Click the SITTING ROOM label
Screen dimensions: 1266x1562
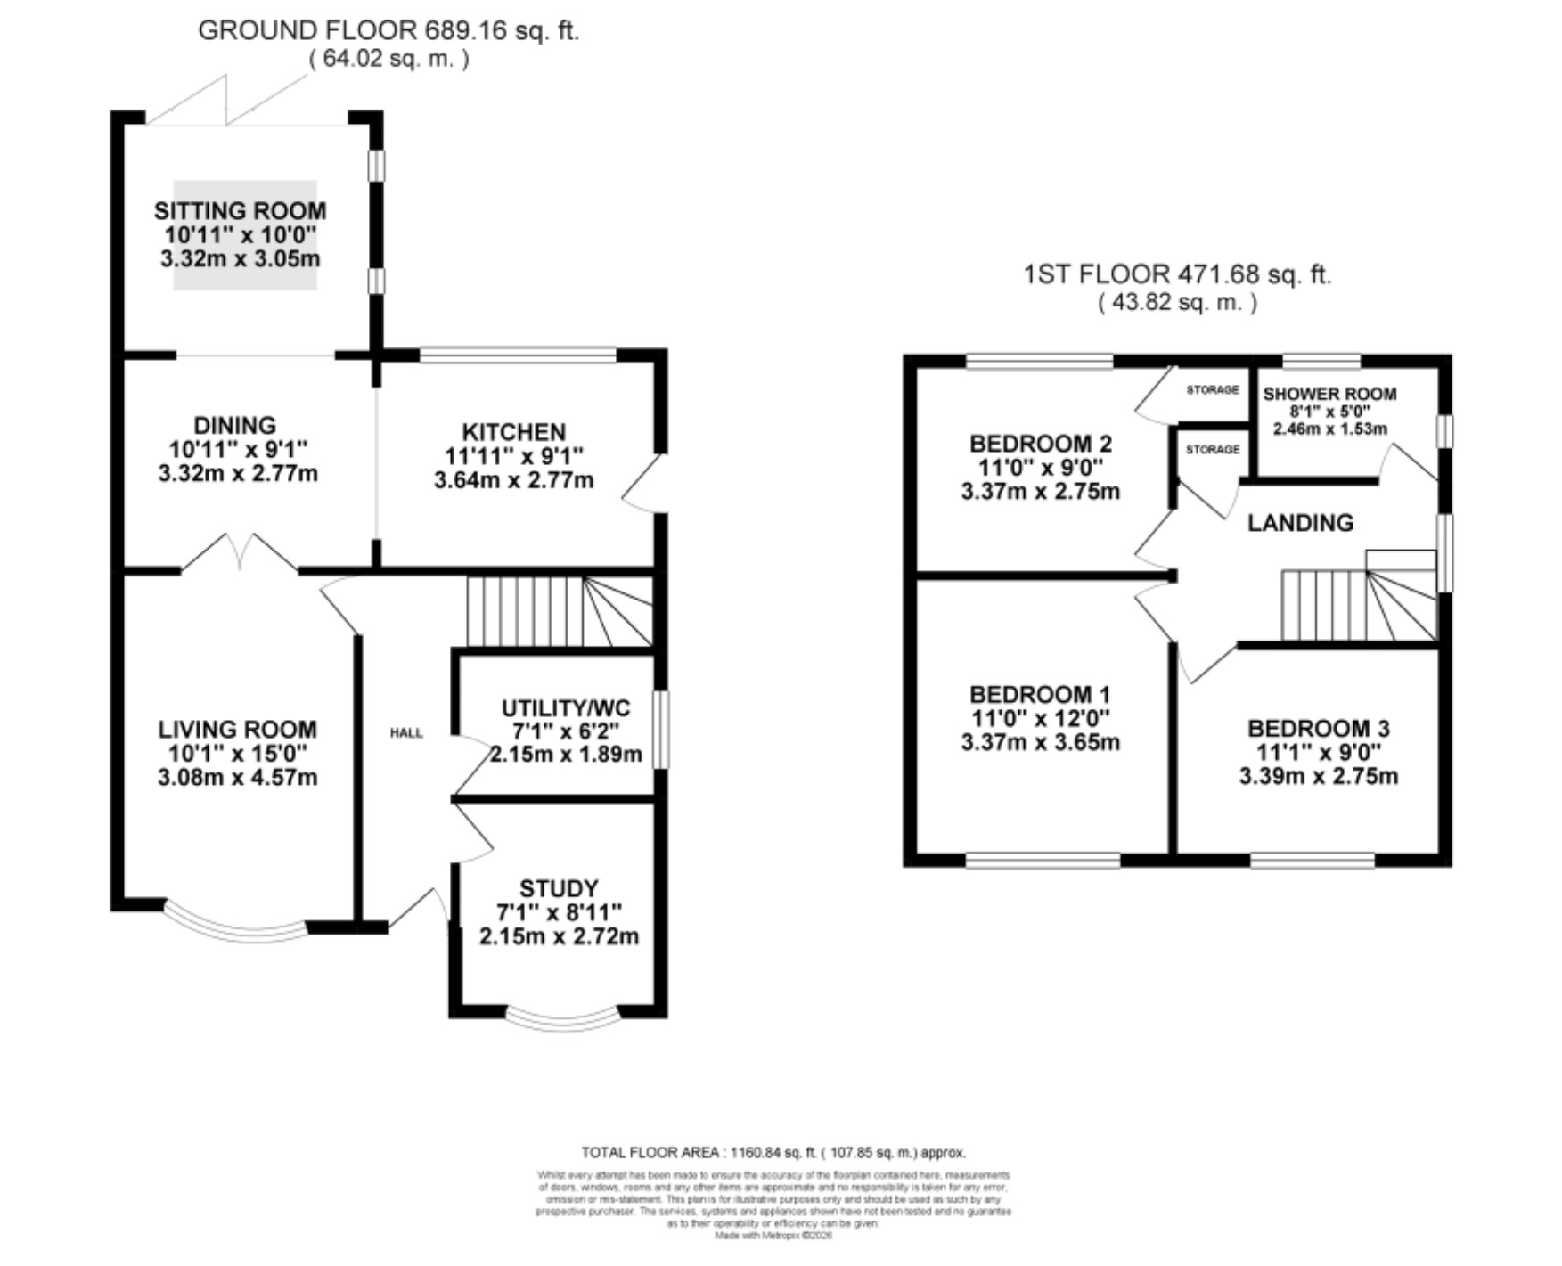pos(240,211)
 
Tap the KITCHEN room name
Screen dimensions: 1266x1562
pos(514,432)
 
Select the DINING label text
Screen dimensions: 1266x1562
pos(235,426)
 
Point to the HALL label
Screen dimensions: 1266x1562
pos(406,733)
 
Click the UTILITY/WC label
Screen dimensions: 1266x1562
pos(566,708)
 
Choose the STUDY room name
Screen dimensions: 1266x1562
pos(559,888)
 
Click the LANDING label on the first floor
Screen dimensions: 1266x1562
pos(1300,523)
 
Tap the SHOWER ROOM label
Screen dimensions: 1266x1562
pos(1329,394)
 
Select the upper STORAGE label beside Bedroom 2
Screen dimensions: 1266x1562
pos(1213,389)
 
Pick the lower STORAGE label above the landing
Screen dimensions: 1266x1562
pos(1213,449)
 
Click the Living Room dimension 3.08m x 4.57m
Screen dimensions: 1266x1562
pos(238,778)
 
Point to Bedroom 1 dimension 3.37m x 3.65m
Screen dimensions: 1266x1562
pos(1041,742)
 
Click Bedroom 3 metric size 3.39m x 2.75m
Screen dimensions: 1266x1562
pos(1319,776)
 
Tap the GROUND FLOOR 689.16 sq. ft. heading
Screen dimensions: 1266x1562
pos(388,30)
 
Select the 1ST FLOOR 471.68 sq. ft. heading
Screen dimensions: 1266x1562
pos(1177,274)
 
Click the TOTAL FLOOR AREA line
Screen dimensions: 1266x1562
pos(773,1152)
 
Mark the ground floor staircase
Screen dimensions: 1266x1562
pos(559,611)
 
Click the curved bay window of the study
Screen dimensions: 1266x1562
pos(563,1019)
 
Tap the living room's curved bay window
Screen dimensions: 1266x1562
pos(236,923)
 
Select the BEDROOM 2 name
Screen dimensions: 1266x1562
pos(1041,444)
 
